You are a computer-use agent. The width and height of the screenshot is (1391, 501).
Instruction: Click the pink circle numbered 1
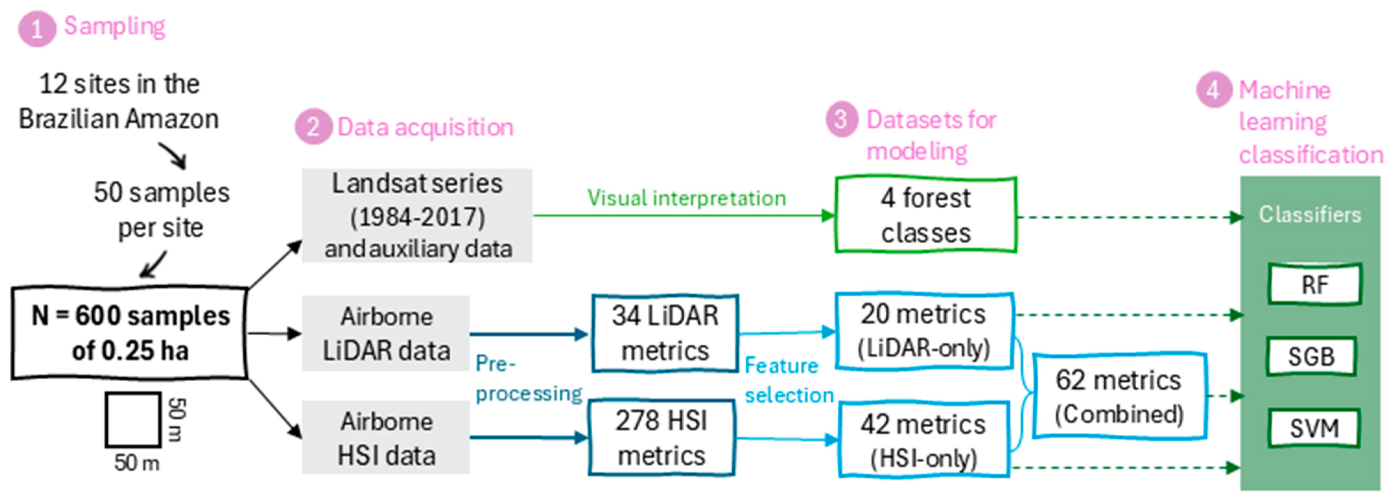pos(37,29)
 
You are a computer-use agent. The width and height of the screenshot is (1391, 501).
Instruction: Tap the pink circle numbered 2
pos(313,127)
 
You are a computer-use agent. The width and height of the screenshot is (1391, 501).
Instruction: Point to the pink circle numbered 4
pos(1214,90)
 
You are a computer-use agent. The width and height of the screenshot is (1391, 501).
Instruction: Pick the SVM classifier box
pos(1314,428)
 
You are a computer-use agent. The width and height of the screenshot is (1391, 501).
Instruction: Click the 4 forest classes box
pos(926,215)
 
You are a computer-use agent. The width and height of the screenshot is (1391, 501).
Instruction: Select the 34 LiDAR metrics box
pos(665,333)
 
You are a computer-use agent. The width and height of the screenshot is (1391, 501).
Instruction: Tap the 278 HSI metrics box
pos(662,438)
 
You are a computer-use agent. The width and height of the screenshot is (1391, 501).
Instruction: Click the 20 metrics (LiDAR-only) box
pos(924,331)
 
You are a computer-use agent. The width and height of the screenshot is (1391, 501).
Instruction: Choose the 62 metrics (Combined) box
pos(1119,396)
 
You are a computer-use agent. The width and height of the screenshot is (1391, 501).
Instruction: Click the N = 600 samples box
pos(129,333)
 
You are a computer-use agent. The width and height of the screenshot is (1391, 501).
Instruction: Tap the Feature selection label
pos(789,380)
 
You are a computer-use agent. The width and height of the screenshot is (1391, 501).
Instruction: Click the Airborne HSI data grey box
pos(385,438)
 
